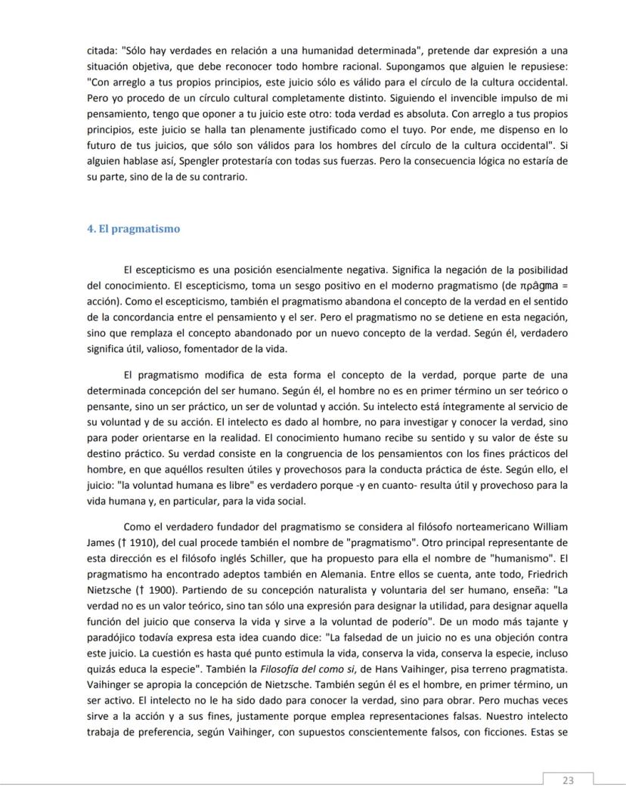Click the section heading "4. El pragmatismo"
point(134,229)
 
